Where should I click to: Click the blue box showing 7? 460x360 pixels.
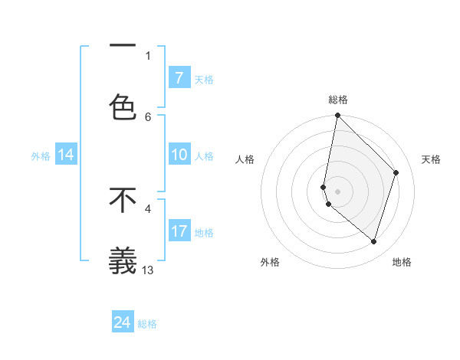[179, 77]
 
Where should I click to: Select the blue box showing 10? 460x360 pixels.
[179, 155]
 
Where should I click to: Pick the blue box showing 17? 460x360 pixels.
[179, 231]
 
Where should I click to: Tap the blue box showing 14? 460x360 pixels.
[66, 155]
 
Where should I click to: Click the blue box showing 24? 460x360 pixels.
[123, 322]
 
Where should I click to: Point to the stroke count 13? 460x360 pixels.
[149, 270]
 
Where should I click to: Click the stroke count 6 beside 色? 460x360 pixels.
[148, 116]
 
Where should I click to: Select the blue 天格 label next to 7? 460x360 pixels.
[204, 79]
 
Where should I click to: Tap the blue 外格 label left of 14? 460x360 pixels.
[41, 155]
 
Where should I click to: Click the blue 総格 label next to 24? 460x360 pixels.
[147, 324]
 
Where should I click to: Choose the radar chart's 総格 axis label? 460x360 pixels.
[338, 100]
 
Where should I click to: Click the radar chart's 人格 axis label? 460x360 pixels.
[245, 159]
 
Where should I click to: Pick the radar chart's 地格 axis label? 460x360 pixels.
[402, 262]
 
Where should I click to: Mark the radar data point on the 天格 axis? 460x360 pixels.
[396, 172]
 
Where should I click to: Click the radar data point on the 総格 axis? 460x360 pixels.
[337, 115]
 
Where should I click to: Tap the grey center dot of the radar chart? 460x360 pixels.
[337, 191]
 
